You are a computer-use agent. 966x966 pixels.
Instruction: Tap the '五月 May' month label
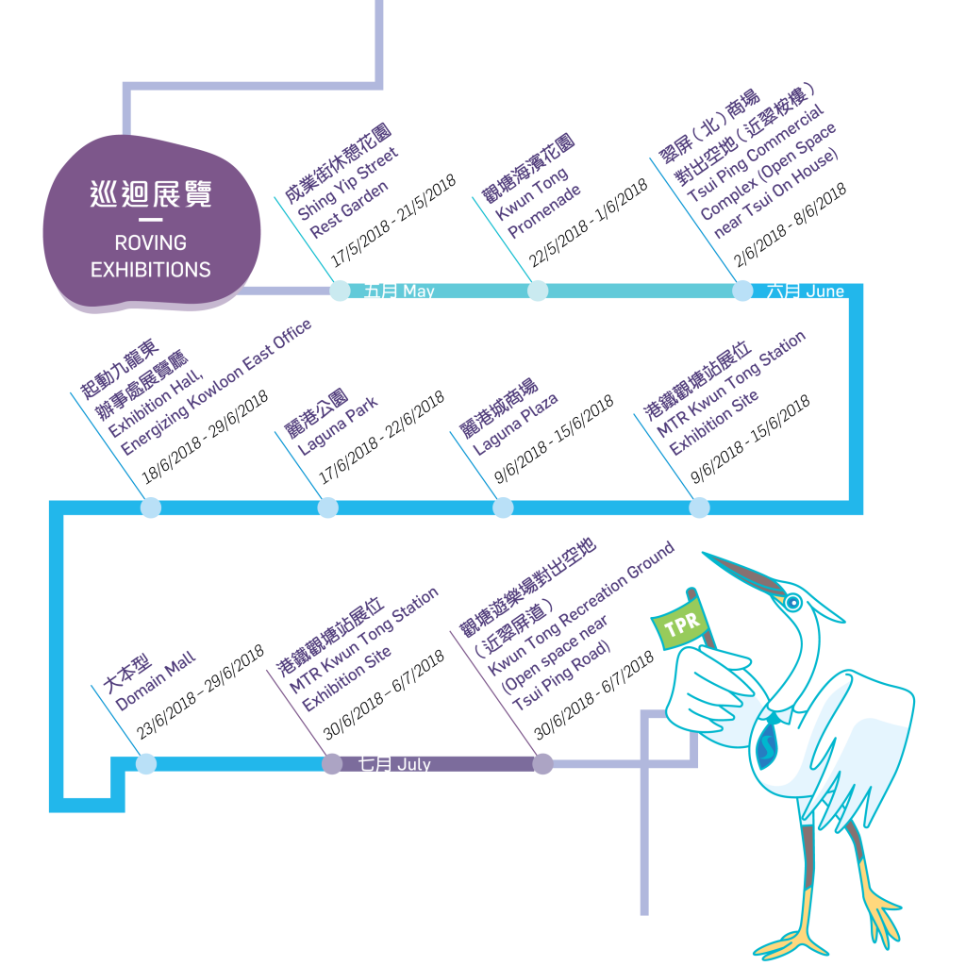399,291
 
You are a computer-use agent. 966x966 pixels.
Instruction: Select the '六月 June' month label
806,291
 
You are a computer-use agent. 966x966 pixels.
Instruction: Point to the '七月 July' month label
394,764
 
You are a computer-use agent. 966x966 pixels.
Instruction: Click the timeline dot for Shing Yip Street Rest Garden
340,291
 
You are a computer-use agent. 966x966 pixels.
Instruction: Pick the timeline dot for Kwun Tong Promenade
538,291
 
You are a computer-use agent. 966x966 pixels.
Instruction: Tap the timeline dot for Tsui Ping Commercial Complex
742,291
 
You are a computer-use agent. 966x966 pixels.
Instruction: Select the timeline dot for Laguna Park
327,508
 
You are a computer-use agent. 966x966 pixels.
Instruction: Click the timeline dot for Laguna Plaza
504,508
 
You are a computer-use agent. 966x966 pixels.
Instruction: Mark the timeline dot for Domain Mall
146,764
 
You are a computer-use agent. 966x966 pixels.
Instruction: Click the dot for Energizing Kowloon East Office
151,508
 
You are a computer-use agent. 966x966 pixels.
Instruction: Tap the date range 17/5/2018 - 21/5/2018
393,221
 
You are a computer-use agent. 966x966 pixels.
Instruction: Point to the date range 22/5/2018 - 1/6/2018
589,223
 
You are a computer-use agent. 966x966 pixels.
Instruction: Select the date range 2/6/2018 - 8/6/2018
790,225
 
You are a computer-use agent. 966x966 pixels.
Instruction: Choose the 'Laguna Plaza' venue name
516,424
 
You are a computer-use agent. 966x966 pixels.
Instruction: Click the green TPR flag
680,625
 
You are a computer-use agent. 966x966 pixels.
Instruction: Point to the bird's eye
792,602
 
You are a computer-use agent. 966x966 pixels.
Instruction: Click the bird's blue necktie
768,742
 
